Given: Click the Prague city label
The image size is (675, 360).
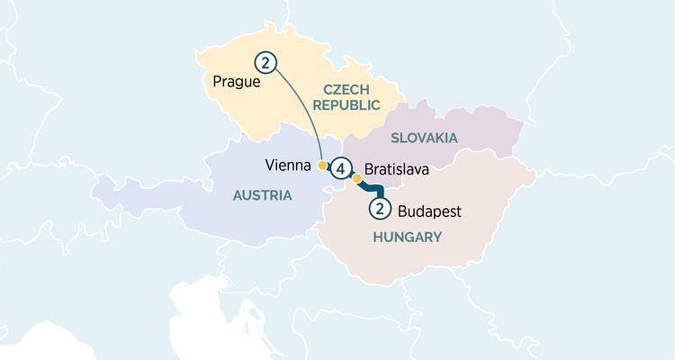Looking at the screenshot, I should (x=237, y=82).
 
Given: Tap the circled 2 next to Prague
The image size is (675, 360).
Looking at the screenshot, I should (x=265, y=62).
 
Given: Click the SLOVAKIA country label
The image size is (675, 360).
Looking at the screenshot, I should (x=424, y=138).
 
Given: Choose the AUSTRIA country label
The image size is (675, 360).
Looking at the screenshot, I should (x=262, y=194).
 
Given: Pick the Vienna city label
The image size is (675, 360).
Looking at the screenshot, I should (x=289, y=166).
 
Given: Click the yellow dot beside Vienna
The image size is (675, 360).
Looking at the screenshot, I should (x=322, y=166).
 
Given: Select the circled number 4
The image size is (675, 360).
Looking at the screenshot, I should (x=340, y=168).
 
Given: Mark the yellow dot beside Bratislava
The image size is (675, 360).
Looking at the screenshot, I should (x=356, y=178).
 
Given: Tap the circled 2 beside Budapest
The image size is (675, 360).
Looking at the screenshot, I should (x=380, y=209).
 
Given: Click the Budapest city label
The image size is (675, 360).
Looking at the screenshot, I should (x=428, y=212).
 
